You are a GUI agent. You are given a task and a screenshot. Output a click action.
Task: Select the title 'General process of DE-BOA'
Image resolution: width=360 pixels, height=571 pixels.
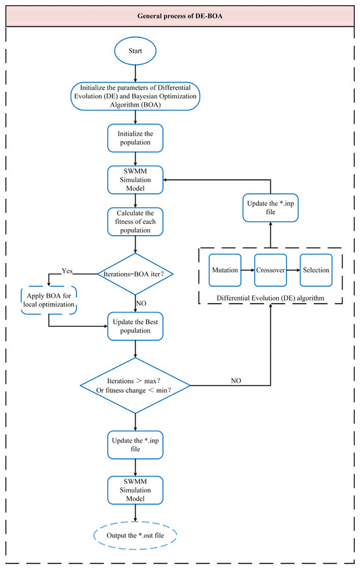(x=179, y=15)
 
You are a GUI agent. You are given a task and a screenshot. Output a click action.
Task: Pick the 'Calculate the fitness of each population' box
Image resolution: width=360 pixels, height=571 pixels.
(x=135, y=222)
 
